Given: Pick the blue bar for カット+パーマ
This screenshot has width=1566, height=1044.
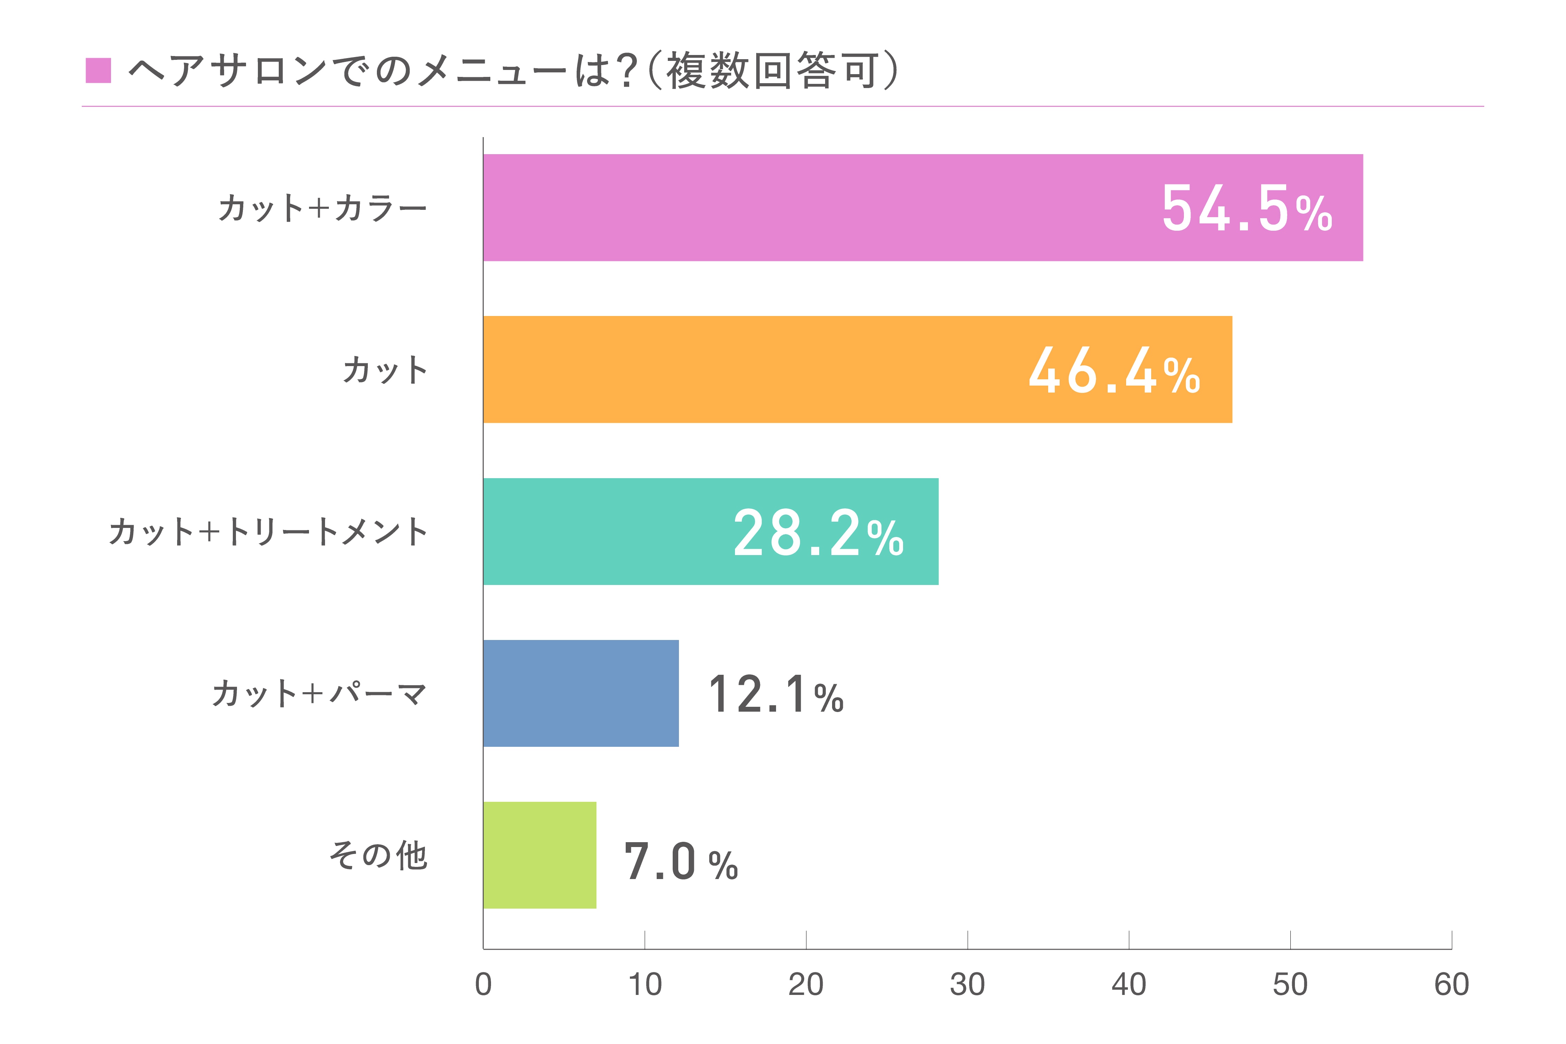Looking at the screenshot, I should (x=580, y=693).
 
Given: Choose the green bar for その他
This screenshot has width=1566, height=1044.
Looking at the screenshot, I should (x=539, y=855).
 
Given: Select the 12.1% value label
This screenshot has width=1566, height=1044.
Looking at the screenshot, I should (x=776, y=695).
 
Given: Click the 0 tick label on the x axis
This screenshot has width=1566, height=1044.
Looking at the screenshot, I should (x=483, y=984).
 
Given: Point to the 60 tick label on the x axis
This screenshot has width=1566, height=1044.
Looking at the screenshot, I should (x=1452, y=984).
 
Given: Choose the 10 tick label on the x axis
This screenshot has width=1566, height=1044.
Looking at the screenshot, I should (x=644, y=984).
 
